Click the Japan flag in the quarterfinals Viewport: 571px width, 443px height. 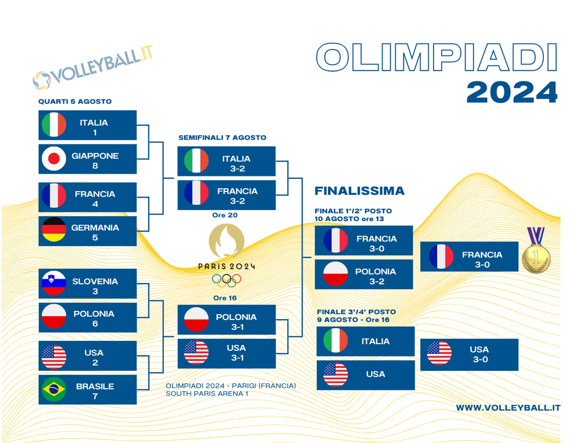[x=54, y=159]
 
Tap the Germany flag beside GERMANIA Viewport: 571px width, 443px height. [x=54, y=230]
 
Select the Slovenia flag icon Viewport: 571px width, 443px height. [x=54, y=283]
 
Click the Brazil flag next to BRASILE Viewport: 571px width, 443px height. [x=54, y=389]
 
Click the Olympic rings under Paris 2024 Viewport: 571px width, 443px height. [x=226, y=280]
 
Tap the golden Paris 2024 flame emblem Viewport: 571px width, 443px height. [x=226, y=241]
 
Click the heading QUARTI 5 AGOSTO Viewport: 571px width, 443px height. [x=75, y=102]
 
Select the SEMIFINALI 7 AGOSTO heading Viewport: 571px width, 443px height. [x=222, y=137]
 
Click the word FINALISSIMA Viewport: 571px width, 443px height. [x=360, y=191]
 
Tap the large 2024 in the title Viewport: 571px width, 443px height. [x=512, y=92]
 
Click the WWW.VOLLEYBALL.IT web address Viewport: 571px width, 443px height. [x=508, y=408]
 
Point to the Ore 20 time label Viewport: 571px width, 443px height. [x=225, y=215]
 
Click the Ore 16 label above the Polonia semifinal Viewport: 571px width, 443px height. [x=225, y=298]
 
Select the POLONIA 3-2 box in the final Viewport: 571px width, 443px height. [x=364, y=274]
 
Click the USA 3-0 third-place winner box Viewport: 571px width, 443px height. [x=469, y=355]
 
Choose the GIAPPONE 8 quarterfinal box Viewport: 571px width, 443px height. [x=87, y=159]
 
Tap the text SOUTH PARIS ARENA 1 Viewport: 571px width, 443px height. [x=207, y=393]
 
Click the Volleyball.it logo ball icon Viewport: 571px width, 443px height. [x=42, y=80]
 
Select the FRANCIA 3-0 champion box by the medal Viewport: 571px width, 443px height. [x=469, y=257]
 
